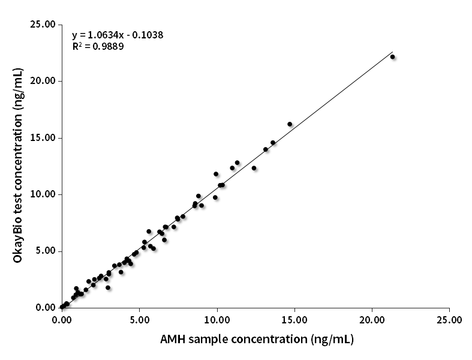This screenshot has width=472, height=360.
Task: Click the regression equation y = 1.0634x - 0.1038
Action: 118,35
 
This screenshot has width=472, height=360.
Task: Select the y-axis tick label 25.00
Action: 42,24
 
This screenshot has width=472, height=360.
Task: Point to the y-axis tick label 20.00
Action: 42,81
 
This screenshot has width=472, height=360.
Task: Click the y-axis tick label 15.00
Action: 42,137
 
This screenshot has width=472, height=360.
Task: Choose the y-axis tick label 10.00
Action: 42,194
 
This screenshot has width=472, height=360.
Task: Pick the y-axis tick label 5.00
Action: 44,251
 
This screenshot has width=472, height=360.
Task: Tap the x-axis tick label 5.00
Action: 139,320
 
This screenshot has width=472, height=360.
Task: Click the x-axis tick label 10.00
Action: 217,320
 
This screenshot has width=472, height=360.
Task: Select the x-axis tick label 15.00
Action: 294,320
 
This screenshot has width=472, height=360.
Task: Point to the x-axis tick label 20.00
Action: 372,320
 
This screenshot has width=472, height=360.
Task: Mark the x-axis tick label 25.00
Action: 450,320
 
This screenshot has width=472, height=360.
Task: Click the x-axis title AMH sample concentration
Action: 257,339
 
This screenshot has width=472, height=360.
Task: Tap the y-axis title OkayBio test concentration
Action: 19,166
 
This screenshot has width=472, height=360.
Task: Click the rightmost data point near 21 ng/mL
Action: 393,57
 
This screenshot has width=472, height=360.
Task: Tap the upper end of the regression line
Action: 392,52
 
